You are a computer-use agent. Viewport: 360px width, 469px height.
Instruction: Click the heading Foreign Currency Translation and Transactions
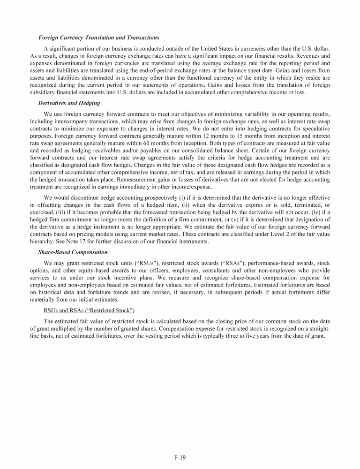[98, 38]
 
